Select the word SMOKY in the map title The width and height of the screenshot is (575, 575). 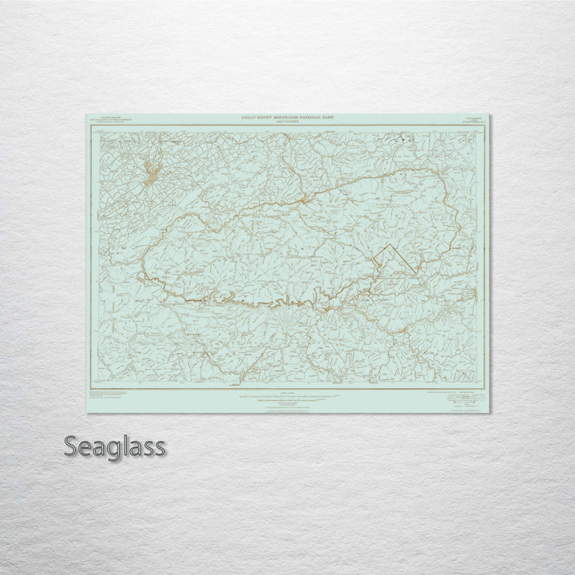266,117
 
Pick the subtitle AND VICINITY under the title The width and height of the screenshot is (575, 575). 289,122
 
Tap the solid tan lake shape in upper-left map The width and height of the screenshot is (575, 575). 151,172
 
